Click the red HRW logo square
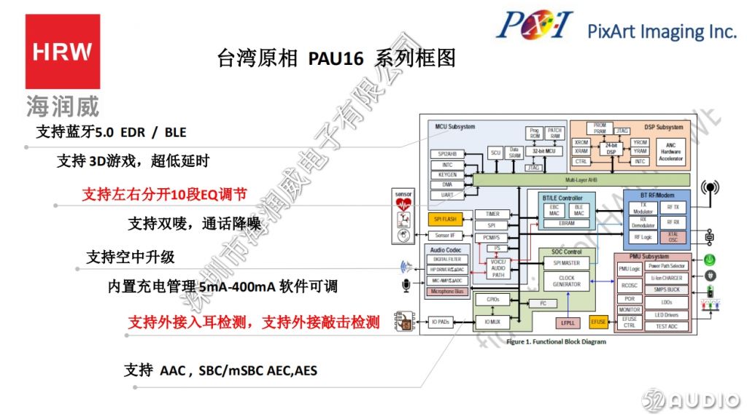[x=63, y=52]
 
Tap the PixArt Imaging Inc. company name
[x=662, y=31]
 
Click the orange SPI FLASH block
[x=445, y=219]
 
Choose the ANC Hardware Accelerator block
[x=670, y=151]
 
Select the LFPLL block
[x=568, y=322]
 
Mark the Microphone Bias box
[x=446, y=292]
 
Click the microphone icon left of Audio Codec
[x=406, y=285]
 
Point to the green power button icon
[x=708, y=260]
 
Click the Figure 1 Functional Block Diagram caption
[x=556, y=342]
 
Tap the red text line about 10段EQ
[x=164, y=195]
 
